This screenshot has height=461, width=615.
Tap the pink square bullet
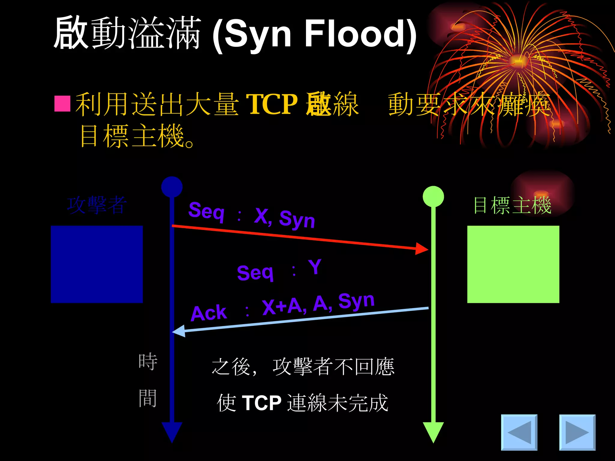click(x=62, y=104)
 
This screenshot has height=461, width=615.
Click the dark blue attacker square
click(x=97, y=264)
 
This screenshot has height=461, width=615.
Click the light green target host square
click(x=513, y=264)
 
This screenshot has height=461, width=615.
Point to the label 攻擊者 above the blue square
click(x=97, y=205)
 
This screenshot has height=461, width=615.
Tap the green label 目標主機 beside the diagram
click(x=512, y=206)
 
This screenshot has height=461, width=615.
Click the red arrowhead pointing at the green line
click(x=422, y=249)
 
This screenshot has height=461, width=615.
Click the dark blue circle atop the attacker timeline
click(x=172, y=187)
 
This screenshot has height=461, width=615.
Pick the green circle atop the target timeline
click(x=433, y=196)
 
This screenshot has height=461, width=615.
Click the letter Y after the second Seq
click(x=315, y=267)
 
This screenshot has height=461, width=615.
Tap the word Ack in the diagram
click(x=209, y=313)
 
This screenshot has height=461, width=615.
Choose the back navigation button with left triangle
click(x=519, y=432)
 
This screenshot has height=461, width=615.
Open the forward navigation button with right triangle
click(x=577, y=432)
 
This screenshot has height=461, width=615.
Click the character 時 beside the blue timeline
click(x=148, y=362)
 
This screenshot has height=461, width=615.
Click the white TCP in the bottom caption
click(x=261, y=402)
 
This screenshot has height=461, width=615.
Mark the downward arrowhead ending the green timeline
click(x=433, y=432)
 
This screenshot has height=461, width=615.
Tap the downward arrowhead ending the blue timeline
click(x=172, y=432)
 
